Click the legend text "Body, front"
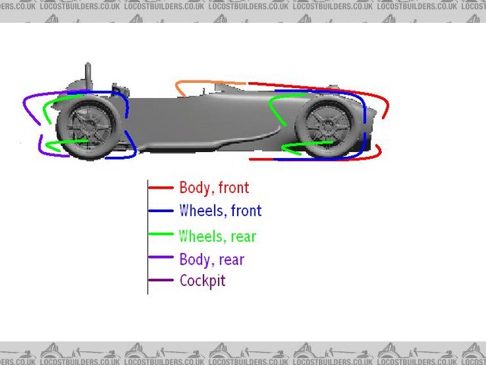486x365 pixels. point(213,188)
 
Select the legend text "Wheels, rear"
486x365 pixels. point(217,236)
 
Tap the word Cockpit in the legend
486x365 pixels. point(202,281)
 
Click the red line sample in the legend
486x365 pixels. point(161,188)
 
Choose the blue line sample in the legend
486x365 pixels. point(161,211)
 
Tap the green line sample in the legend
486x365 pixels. point(161,235)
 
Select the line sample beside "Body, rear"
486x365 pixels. point(161,259)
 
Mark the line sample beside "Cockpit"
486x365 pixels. point(161,281)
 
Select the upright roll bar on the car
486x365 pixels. point(88,76)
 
